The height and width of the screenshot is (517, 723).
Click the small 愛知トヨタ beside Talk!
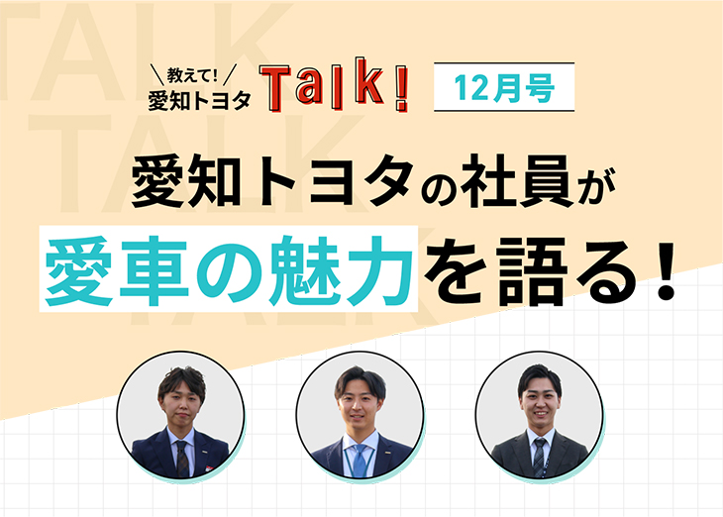(199, 98)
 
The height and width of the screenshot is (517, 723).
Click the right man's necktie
(539, 459)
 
